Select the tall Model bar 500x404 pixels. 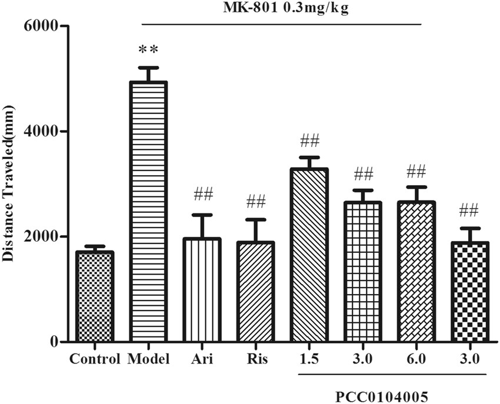pyautogui.click(x=148, y=212)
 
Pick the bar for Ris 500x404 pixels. pyautogui.click(x=256, y=292)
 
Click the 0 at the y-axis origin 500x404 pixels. pyautogui.click(x=53, y=342)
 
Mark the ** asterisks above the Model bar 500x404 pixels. pyautogui.click(x=148, y=50)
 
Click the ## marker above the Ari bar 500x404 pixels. pyautogui.click(x=202, y=194)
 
